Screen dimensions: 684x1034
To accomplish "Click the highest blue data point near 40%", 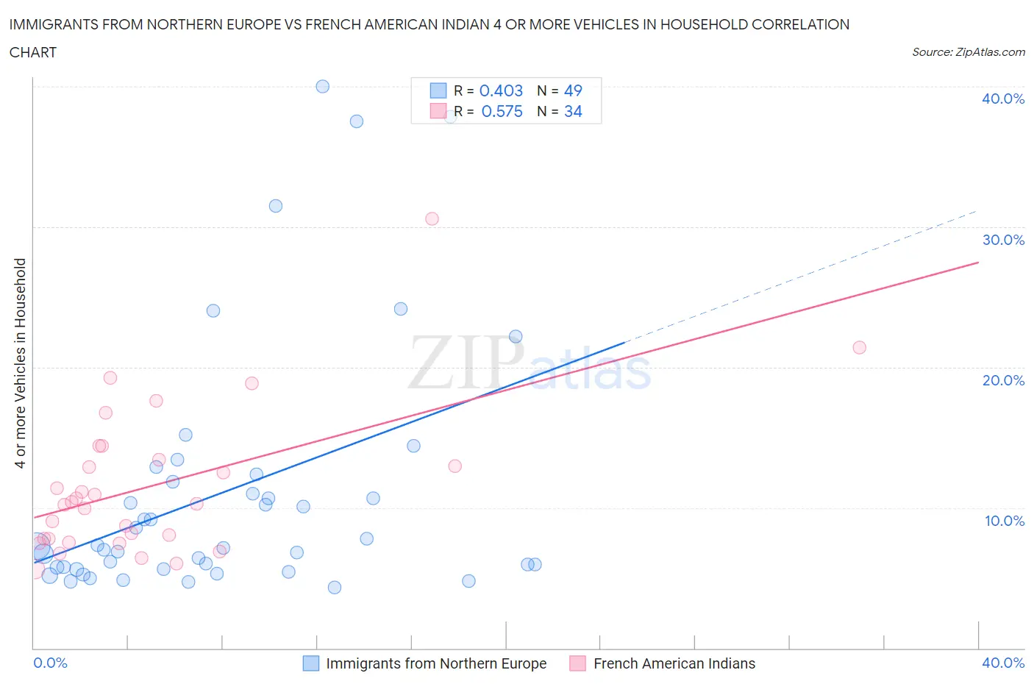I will pos(322,86).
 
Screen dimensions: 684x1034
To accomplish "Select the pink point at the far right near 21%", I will pos(859,347).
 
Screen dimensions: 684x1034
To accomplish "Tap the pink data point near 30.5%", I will pos(432,218).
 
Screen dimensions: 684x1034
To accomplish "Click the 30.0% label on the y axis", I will pos(1003,240).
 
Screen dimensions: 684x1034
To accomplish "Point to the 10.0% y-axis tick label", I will pos(1004,521).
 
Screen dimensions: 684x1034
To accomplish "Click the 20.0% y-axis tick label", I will pos(1003,380).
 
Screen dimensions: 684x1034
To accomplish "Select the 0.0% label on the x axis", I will pos(50,663).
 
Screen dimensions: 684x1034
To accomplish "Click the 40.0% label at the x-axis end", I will pos(1003,663).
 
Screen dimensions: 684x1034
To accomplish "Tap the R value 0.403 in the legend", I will pos(501,90).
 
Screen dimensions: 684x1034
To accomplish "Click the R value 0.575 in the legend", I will pos(502,111).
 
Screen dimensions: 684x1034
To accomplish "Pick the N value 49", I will pos(573,90).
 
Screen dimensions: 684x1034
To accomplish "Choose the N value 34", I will pos(573,111).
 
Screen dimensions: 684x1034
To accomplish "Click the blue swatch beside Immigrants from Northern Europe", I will pos(311,663).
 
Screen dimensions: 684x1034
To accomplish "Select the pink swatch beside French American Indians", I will pos(578,663).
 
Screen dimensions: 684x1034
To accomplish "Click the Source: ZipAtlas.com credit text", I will pos(968,52).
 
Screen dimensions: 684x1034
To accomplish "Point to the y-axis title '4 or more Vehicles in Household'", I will pos(20,363).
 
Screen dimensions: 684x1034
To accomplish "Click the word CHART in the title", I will pos(33,52).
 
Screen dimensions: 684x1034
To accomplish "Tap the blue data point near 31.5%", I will pos(276,206).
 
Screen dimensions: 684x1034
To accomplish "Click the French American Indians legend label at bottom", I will pos(674,663).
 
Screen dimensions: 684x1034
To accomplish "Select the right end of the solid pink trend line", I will pos(978,263).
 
